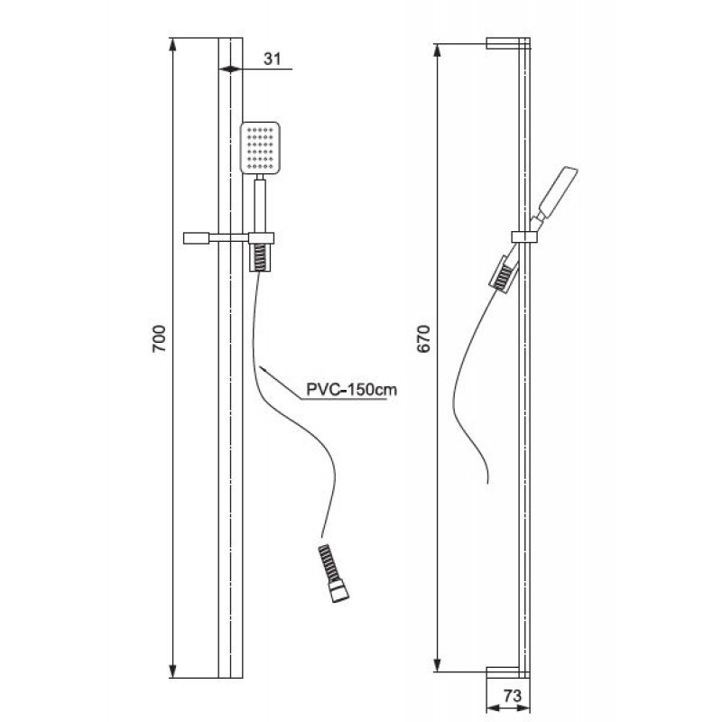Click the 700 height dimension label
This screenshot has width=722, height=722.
point(159,339)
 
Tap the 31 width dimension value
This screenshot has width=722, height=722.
point(272,59)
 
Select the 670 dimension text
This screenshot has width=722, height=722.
point(423,339)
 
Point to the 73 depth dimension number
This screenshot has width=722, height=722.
point(513,696)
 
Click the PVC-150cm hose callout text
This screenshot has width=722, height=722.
point(351,390)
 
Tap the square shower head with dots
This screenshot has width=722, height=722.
point(260,148)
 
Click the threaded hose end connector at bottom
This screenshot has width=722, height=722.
point(333,573)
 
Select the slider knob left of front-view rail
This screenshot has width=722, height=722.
point(197,238)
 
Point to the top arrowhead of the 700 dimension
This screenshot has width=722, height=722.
point(172,44)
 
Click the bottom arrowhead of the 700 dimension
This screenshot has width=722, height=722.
point(172,671)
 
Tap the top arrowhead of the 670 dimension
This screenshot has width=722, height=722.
point(438,51)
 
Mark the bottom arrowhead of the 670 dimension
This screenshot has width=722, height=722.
point(438,665)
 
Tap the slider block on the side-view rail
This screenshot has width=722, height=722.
point(525,236)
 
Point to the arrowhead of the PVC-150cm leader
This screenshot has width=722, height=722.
point(263,369)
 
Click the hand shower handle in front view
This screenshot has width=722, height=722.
point(260,206)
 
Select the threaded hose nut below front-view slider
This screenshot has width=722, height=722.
point(260,257)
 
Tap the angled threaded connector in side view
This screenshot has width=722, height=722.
point(503,275)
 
